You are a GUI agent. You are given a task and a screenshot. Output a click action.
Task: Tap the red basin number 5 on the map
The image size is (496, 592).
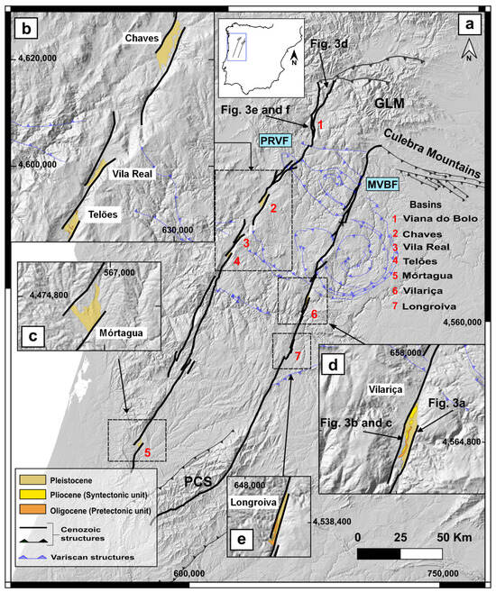148,451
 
